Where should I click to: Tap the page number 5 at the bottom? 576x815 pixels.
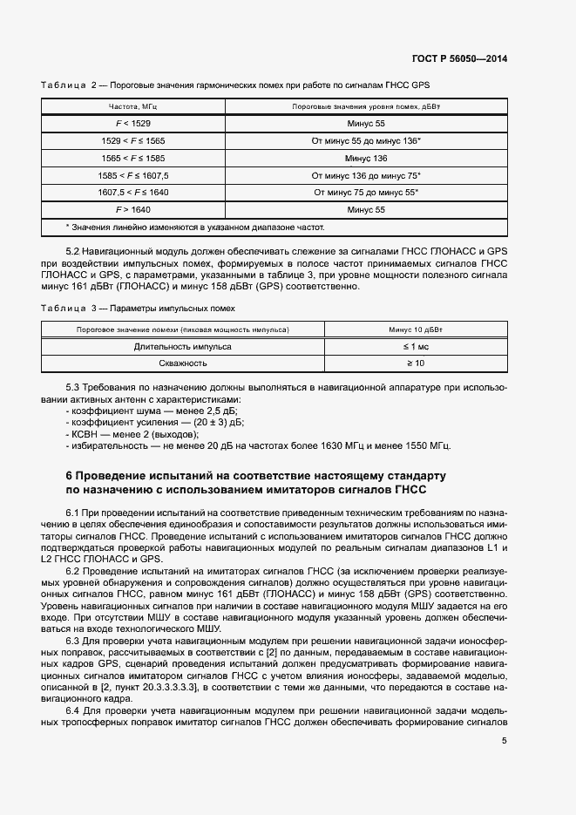click(x=504, y=741)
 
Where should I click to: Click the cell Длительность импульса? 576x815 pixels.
click(x=182, y=346)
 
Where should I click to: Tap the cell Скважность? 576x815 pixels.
click(x=182, y=363)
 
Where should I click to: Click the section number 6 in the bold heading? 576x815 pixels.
click(x=70, y=476)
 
